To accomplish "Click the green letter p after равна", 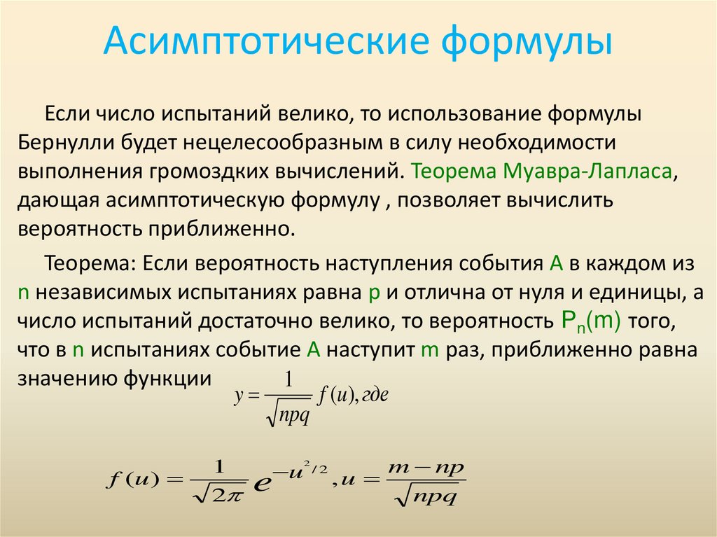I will pos(373,293).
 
